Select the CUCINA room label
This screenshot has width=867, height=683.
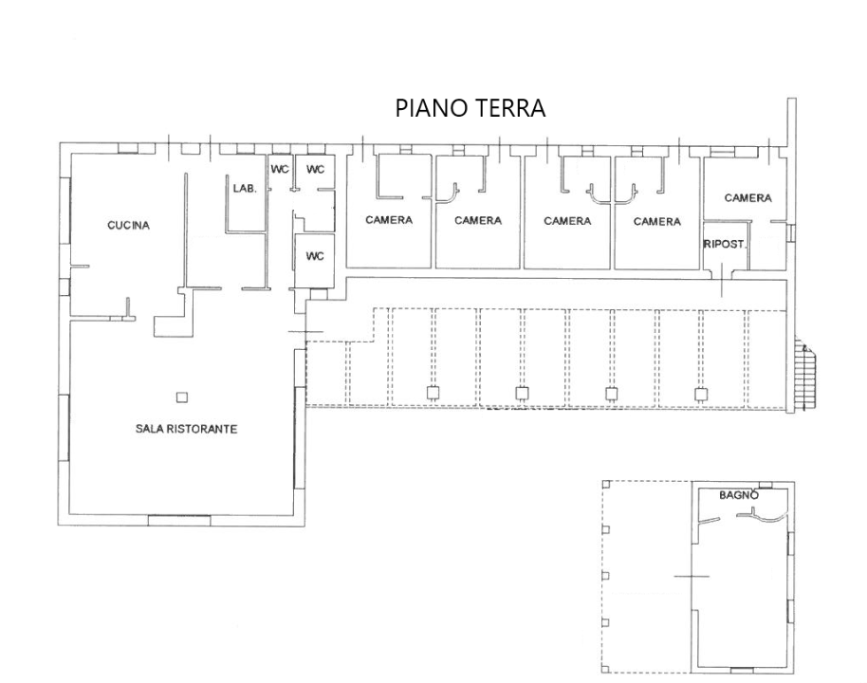click(x=128, y=226)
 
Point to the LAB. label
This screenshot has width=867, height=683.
click(x=245, y=189)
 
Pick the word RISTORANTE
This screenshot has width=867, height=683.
click(x=202, y=429)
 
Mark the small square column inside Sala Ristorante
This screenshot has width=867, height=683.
click(x=182, y=397)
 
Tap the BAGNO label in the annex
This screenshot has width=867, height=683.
click(x=738, y=495)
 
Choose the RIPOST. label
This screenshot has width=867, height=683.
click(x=725, y=244)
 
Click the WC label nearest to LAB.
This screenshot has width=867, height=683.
click(x=280, y=170)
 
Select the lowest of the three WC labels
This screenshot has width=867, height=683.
click(x=315, y=256)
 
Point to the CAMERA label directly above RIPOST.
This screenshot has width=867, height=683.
click(x=747, y=198)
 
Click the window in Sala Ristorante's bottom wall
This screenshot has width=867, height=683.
click(x=178, y=518)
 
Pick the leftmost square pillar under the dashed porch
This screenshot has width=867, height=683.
click(x=433, y=394)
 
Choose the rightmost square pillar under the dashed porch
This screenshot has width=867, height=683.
click(x=700, y=394)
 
